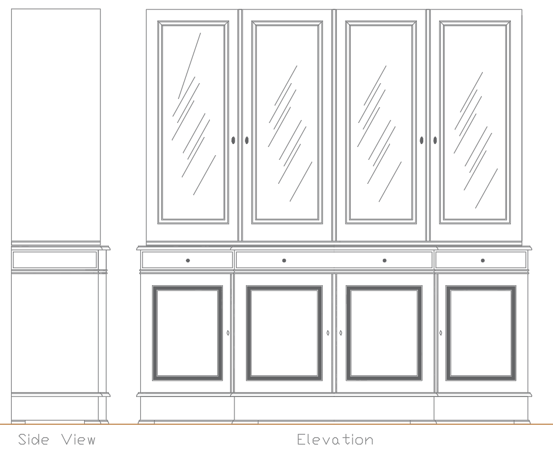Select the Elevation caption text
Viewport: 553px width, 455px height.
click(x=334, y=439)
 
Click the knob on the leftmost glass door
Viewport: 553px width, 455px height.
click(x=234, y=140)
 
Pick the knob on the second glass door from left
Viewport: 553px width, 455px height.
click(x=247, y=140)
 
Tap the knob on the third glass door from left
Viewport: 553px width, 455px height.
click(x=422, y=140)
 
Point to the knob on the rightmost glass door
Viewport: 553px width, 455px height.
click(x=435, y=140)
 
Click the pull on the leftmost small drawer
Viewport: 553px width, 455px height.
click(x=187, y=260)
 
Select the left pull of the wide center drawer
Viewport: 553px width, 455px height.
click(x=284, y=260)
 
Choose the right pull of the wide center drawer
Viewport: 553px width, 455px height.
click(x=385, y=260)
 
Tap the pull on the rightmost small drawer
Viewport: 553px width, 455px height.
click(x=482, y=260)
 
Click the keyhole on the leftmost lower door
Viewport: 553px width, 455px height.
click(x=227, y=333)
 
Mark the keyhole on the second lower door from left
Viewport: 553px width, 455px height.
click(x=328, y=333)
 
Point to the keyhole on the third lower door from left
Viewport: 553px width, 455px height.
click(x=341, y=333)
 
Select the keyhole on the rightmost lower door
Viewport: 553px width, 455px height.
click(x=441, y=333)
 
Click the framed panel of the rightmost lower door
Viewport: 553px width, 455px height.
click(x=481, y=333)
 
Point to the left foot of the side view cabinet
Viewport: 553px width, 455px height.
click(x=18, y=421)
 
